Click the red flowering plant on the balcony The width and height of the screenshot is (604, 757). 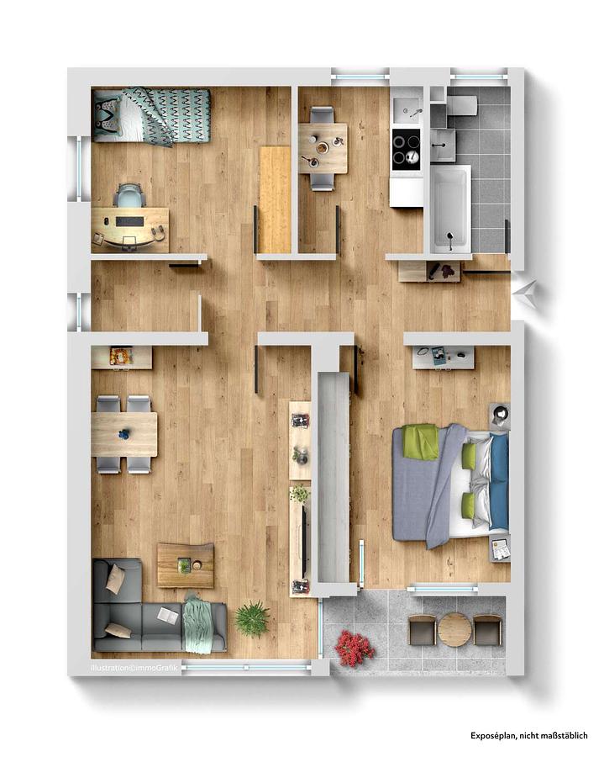pyautogui.click(x=355, y=648)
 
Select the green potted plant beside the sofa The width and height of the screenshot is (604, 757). pyautogui.click(x=252, y=619)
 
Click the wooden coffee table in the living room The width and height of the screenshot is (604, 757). pyautogui.click(x=186, y=565)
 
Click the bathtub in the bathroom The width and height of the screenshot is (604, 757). pyautogui.click(x=450, y=209)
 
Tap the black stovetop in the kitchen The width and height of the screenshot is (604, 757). pyautogui.click(x=407, y=150)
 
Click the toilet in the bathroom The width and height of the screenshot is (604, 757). pyautogui.click(x=461, y=106)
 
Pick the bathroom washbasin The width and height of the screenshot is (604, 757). pyautogui.click(x=443, y=145)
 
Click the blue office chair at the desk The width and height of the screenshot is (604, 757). pyautogui.click(x=129, y=197)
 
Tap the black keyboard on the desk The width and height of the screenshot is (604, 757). pyautogui.click(x=129, y=221)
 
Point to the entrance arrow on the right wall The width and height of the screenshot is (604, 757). pyautogui.click(x=524, y=292)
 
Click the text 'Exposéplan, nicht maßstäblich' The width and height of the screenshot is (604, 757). pyautogui.click(x=529, y=736)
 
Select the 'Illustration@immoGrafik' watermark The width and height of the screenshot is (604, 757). pyautogui.click(x=134, y=668)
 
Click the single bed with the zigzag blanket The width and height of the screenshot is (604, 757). pyautogui.click(x=151, y=115)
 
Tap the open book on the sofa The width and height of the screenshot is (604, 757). pyautogui.click(x=168, y=615)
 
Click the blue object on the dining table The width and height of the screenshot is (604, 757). pyautogui.click(x=125, y=433)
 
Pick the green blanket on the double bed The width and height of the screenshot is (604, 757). pyautogui.click(x=422, y=442)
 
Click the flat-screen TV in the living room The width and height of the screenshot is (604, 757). pyautogui.click(x=303, y=541)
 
